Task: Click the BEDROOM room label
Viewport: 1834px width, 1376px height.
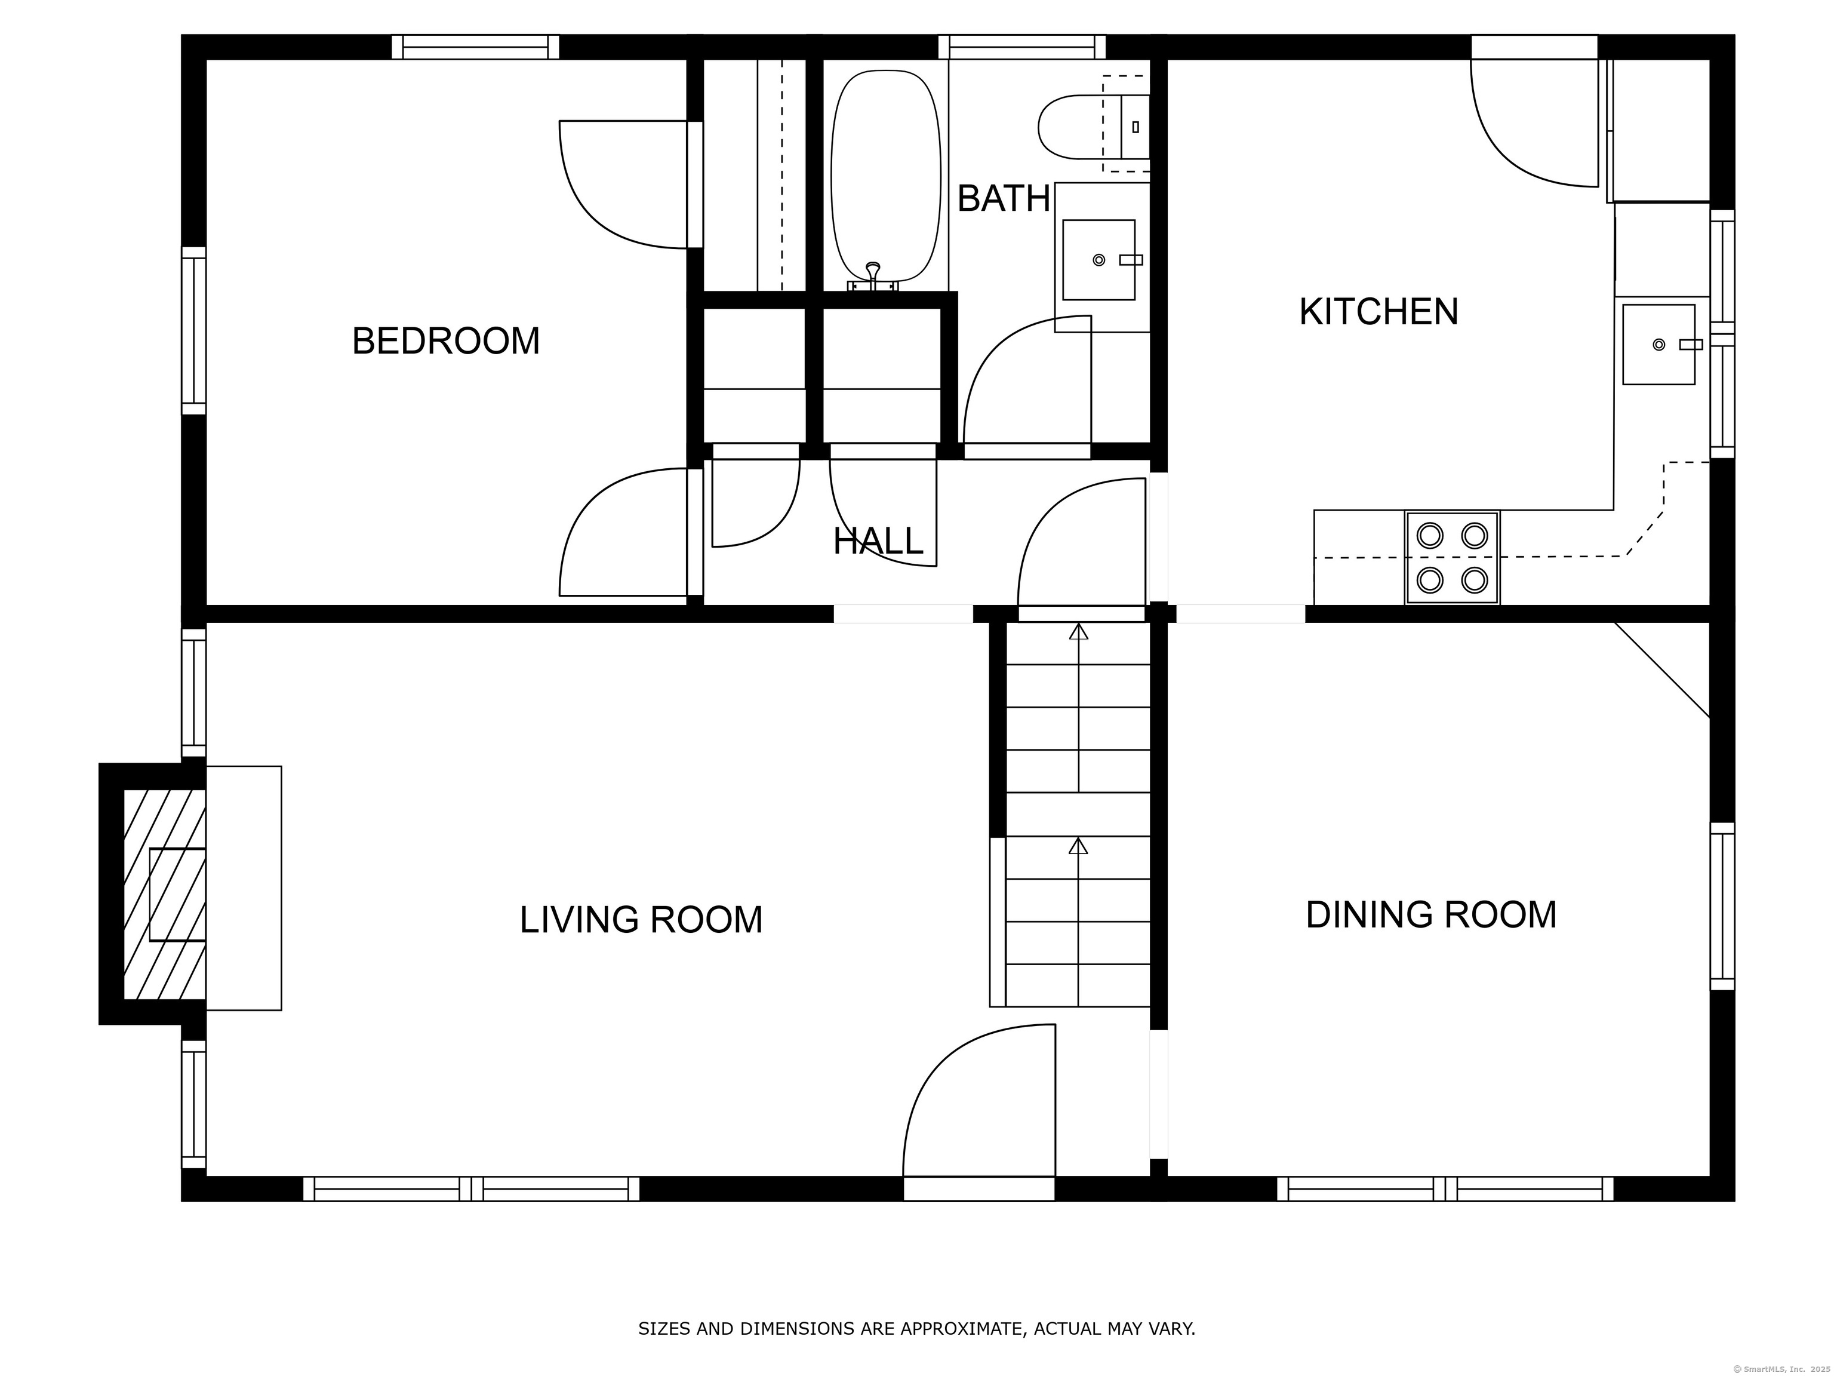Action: point(446,341)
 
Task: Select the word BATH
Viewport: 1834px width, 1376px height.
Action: point(1004,198)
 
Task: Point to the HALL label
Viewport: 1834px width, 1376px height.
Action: point(878,542)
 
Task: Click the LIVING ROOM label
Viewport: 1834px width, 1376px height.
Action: point(641,920)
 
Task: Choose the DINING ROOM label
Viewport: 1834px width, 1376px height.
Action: point(1431,915)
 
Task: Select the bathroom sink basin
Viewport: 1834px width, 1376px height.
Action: point(1098,260)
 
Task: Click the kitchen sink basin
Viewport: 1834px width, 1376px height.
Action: point(1658,344)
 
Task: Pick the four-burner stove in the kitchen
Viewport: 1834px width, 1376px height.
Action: point(1452,557)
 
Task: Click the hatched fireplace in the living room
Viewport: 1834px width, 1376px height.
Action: point(165,894)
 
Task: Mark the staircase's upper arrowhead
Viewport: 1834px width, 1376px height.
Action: point(1078,631)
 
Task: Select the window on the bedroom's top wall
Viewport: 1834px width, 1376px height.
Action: point(475,47)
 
